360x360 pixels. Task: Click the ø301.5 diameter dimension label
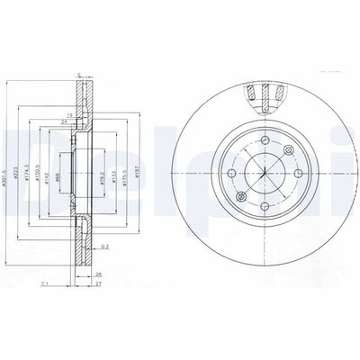6,164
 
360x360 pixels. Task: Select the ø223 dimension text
21,164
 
